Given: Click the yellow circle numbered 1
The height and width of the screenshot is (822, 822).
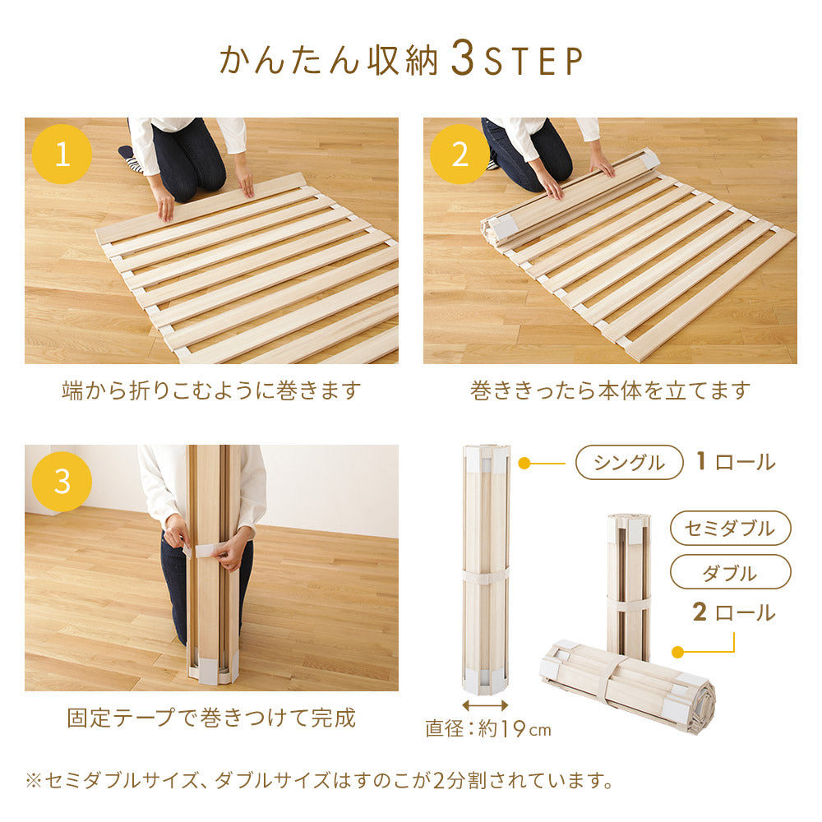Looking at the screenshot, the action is [x=62, y=155].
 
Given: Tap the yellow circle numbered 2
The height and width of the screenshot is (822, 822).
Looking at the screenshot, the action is [x=459, y=155].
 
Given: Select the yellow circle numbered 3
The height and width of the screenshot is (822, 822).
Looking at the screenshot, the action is [x=62, y=481].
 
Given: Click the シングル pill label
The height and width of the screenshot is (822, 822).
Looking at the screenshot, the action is [x=629, y=462].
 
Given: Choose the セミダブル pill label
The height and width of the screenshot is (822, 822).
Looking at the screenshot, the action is [x=730, y=528].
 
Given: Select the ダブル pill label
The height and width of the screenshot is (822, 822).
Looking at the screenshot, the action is [x=730, y=572].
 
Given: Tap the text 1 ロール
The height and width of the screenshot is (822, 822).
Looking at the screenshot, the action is [x=736, y=462].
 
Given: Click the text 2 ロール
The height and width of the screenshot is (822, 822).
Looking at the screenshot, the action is [x=734, y=612].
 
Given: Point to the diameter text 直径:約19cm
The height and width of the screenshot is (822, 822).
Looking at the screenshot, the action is [x=488, y=728].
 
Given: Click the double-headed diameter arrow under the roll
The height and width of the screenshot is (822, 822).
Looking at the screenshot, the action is [x=485, y=705].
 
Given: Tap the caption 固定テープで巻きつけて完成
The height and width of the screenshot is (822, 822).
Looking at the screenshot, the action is [x=211, y=718].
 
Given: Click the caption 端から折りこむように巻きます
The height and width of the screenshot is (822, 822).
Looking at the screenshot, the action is [x=211, y=390].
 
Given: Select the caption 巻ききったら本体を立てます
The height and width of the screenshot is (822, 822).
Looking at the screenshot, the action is [x=610, y=390].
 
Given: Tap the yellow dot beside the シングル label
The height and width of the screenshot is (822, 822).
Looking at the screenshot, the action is [x=524, y=464].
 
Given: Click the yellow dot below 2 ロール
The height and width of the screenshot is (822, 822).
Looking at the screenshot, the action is [x=678, y=652].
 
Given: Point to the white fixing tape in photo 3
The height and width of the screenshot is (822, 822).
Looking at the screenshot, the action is [x=207, y=551].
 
